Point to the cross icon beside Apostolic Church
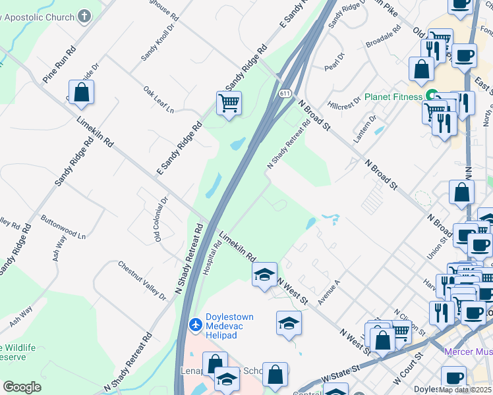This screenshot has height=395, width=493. pos(84,15)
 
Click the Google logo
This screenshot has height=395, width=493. pos(22,386)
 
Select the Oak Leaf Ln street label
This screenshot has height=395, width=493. pos(158,98)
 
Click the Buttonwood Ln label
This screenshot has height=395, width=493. pos(63,226)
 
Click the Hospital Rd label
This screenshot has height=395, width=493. pos(212,255)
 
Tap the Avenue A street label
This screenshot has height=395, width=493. pos(328,292)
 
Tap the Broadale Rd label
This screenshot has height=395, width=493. pos(383,38)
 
